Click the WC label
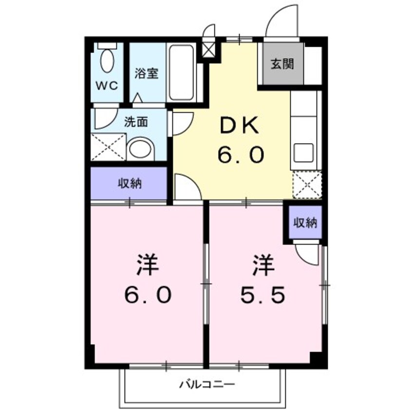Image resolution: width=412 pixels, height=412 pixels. pos(107,86)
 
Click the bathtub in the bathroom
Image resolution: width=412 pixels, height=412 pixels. pos(181,73)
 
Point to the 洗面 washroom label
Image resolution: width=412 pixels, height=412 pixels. pos(135,122)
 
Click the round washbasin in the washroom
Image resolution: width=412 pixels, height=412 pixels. pos(139,149)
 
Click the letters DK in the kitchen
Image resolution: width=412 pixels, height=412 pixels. pos(241,127)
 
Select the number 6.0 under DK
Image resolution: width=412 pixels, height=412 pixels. pos(241,156)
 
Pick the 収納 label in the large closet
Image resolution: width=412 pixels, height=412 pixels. pos(129,184)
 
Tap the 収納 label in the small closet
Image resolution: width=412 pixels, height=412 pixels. pos(305,223)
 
